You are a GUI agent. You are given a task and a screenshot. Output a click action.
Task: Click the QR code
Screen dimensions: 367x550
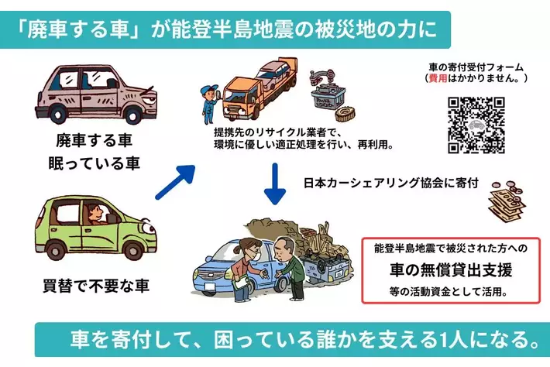point(476,125)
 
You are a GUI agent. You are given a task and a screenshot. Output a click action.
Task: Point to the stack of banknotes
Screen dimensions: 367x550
point(507,204)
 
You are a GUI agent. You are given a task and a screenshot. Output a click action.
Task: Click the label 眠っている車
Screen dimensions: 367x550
point(95,162)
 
